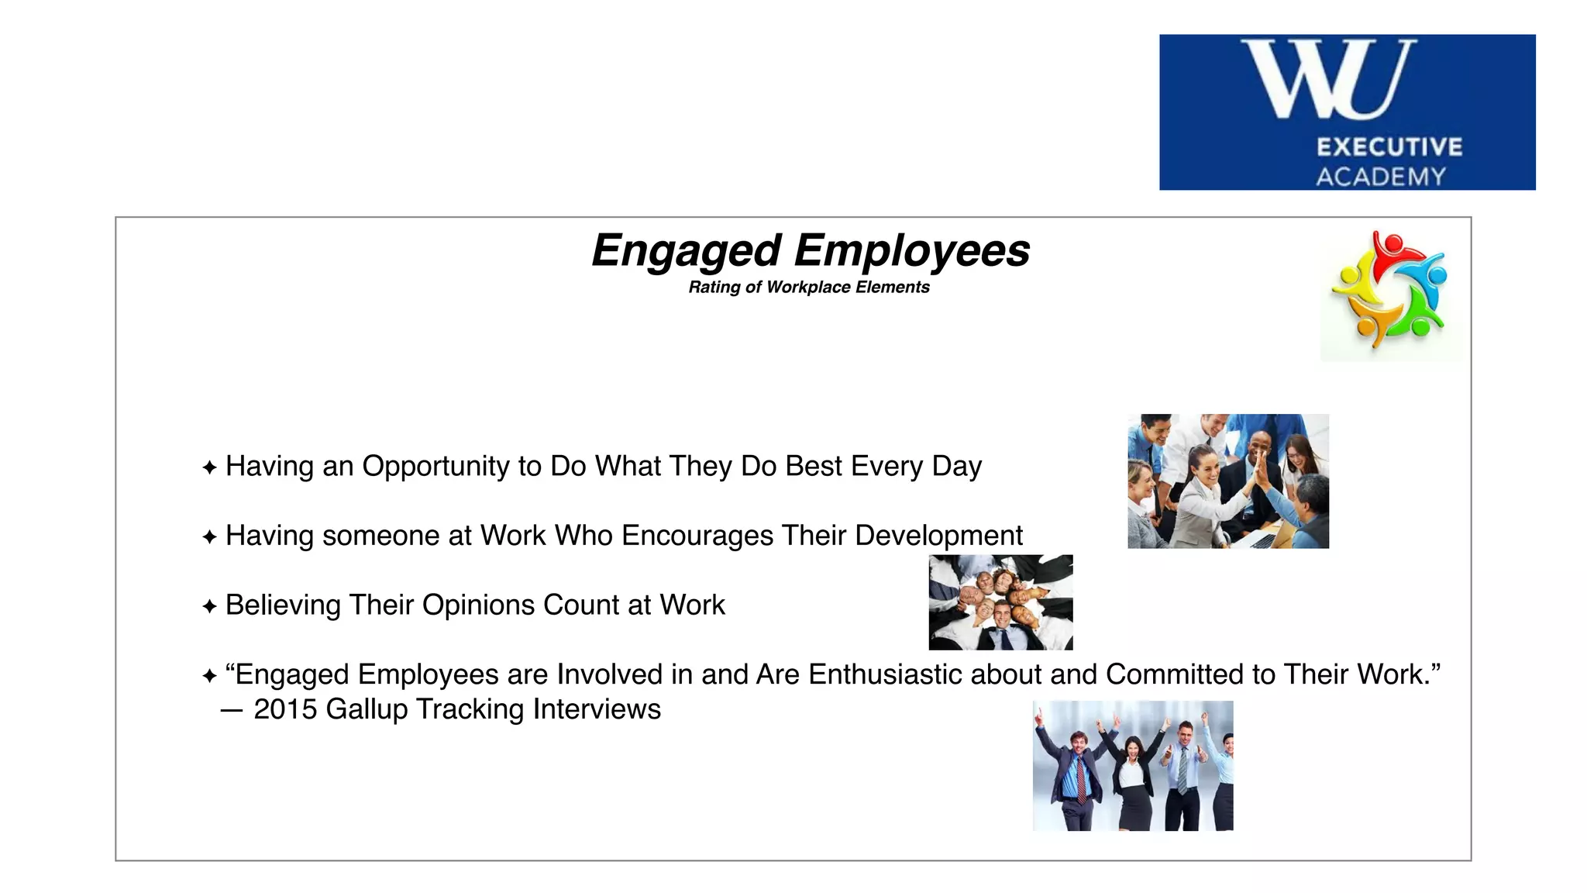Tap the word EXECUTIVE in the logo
(1389, 147)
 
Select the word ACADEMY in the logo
(1381, 177)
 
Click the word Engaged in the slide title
(686, 251)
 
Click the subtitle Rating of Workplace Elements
(808, 288)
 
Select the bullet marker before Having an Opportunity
(209, 467)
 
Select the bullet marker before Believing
(209, 606)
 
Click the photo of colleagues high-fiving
(1227, 481)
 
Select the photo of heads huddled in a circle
(1000, 602)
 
